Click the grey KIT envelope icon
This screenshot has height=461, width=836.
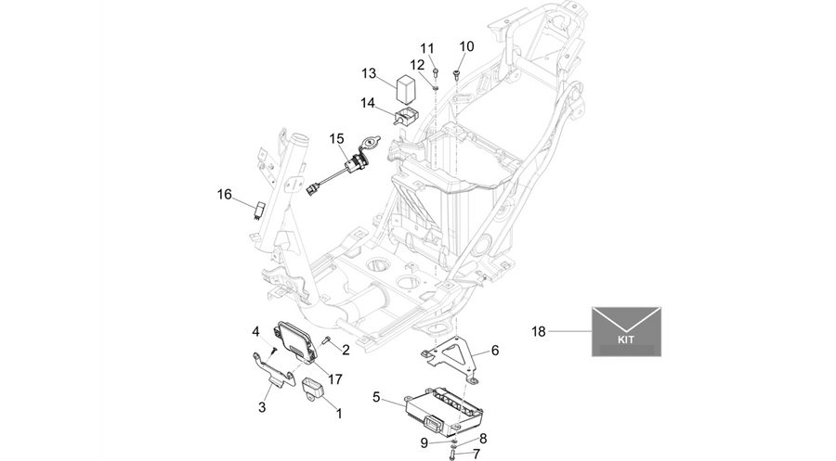(x=626, y=331)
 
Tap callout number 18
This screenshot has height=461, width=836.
(x=539, y=332)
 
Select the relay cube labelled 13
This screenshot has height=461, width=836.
(x=408, y=88)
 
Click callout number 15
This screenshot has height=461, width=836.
(x=336, y=139)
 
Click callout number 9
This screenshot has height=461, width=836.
(x=425, y=442)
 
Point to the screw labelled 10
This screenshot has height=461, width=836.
(x=456, y=74)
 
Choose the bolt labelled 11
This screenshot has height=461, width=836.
(x=436, y=72)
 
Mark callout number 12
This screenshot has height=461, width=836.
(x=417, y=65)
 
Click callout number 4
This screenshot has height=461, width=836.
(x=256, y=332)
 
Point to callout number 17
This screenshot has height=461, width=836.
(x=334, y=379)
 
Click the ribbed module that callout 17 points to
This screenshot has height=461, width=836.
(x=294, y=340)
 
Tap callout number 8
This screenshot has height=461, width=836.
(x=483, y=439)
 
